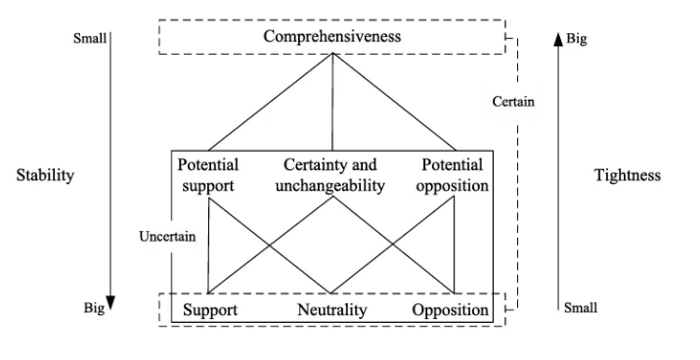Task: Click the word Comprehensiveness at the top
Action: [x=332, y=36]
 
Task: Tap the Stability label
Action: [x=45, y=175]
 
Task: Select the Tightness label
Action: [x=628, y=175]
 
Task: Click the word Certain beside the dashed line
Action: [x=513, y=102]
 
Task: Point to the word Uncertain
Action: [x=167, y=237]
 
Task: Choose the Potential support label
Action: [x=208, y=175]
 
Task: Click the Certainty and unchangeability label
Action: [x=330, y=175]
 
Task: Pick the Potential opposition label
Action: [x=453, y=175]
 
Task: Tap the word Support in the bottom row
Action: [x=210, y=309]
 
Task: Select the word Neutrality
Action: [x=332, y=309]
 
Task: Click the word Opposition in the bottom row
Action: [x=451, y=309]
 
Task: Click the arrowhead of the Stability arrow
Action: [x=110, y=303]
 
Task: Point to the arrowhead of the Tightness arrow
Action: [x=558, y=39]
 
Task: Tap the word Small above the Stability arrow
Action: [x=90, y=38]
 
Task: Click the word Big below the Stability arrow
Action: [x=94, y=308]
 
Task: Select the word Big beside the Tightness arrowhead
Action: [x=577, y=39]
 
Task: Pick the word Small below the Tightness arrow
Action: [x=581, y=308]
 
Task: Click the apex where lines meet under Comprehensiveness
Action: [x=332, y=53]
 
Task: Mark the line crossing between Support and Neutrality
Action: [x=269, y=245]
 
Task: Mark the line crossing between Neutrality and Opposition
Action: [x=393, y=245]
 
